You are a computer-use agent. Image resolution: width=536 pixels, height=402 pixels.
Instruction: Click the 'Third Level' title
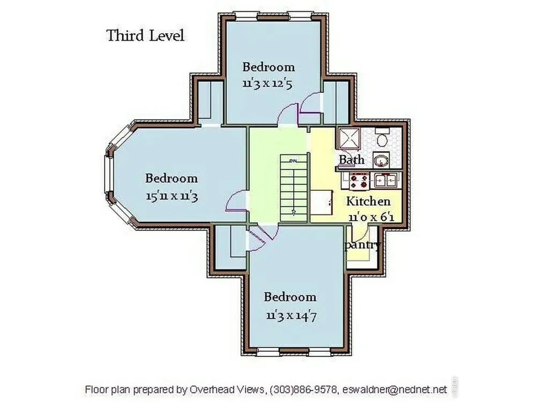tap(145, 35)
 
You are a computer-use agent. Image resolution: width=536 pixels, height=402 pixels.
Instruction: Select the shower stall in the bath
tap(349, 139)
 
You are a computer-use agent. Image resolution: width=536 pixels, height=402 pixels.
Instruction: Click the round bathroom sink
tap(381, 160)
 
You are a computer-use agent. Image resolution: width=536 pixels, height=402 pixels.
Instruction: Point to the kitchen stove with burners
tap(359, 181)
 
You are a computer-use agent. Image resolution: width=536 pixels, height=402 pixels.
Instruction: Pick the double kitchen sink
tap(385, 180)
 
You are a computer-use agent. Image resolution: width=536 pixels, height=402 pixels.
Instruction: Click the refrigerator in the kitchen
tap(321, 203)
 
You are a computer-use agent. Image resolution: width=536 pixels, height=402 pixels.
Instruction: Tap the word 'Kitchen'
tap(368, 202)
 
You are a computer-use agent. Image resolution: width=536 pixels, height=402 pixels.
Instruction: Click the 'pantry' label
tap(363, 245)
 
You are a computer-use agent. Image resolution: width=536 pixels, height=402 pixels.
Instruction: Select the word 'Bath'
tap(352, 160)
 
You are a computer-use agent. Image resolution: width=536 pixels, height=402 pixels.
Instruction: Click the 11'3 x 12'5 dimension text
tap(267, 84)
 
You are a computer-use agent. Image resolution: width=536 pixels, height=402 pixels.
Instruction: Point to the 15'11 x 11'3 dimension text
tap(172, 196)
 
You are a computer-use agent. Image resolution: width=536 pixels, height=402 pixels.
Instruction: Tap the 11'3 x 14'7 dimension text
tap(291, 315)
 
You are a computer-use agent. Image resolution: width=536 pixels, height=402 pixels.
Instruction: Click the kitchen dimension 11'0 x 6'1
tap(371, 217)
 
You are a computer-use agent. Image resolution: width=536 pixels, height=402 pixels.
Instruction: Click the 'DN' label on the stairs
tap(293, 160)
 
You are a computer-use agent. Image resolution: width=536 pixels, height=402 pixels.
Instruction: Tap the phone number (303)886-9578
tap(303, 389)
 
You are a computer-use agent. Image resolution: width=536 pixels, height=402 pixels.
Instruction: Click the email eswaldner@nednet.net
tap(394, 389)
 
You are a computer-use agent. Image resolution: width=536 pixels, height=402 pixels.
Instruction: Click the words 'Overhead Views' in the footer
tap(227, 389)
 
